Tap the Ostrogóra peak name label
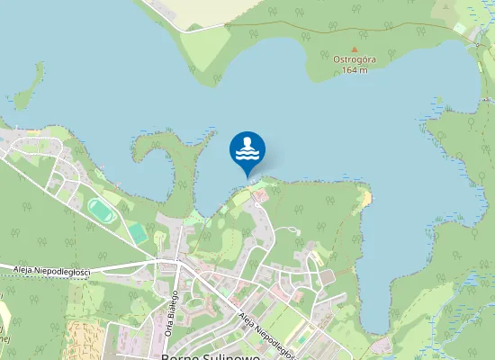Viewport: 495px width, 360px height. point(354,59)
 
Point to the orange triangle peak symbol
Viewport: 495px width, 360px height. point(354,49)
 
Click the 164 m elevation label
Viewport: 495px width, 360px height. point(354,70)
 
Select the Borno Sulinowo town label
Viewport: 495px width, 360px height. point(209,355)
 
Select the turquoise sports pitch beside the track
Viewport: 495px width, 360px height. point(137,233)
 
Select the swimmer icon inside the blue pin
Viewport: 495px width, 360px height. point(247,147)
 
